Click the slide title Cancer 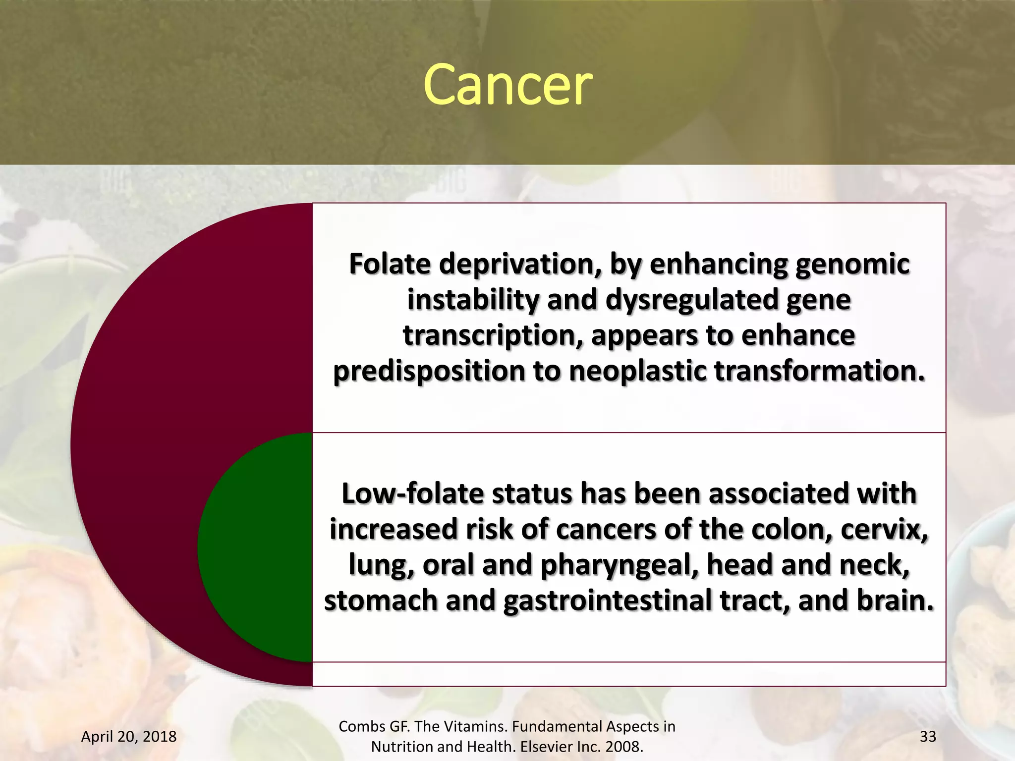507,85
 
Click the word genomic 852,264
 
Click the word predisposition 429,371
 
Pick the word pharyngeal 620,565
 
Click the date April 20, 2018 129,736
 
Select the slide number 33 928,736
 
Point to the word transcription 493,335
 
